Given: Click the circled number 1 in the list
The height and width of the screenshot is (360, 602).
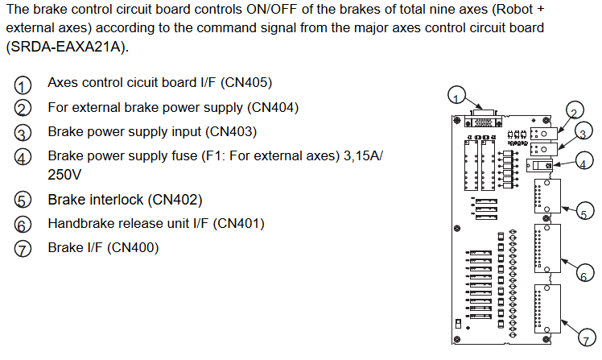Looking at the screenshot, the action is (23, 85).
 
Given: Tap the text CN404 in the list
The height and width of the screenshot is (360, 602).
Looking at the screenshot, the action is (273, 107).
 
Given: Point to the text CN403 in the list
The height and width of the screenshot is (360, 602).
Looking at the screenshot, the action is (231, 131).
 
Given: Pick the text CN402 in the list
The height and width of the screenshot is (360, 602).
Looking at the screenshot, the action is (176, 200).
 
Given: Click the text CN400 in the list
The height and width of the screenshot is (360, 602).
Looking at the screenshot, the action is (133, 247).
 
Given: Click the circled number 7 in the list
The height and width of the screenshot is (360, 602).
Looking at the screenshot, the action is (23, 249).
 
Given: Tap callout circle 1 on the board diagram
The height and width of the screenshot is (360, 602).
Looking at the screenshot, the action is (456, 95).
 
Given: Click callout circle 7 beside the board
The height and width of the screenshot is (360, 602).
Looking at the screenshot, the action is (587, 337).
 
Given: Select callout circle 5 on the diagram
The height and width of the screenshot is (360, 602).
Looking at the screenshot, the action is (584, 211).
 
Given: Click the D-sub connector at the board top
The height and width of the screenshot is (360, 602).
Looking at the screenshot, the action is (483, 119).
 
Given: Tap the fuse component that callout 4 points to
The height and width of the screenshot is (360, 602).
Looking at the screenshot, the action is (539, 165).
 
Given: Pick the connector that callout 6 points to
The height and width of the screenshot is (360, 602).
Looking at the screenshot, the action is (547, 249).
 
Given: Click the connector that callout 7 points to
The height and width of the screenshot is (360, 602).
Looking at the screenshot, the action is (547, 309).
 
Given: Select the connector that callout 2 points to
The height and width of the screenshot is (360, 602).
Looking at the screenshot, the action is (543, 134).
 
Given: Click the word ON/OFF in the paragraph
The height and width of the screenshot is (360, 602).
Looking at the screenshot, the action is (271, 9).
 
